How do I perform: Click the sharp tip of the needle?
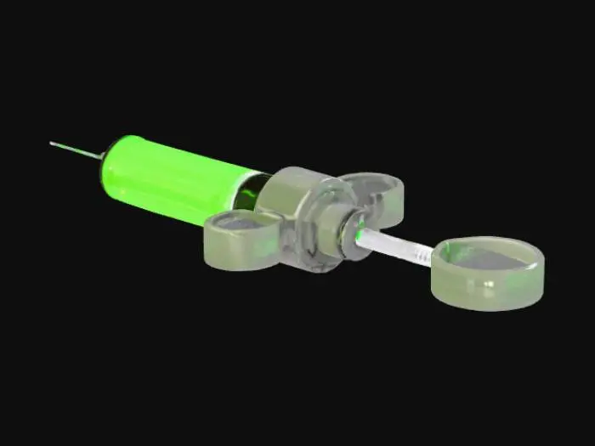(51, 143)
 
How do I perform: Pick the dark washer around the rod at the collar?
(348, 233)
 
